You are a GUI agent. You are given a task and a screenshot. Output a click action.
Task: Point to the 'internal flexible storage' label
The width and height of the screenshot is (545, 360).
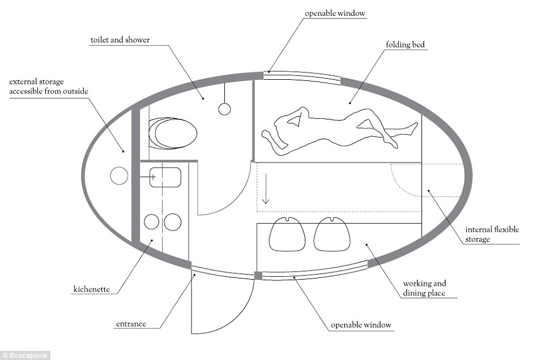[x=492, y=234]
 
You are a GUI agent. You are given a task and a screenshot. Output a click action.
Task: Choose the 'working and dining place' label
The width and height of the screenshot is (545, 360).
[x=425, y=288]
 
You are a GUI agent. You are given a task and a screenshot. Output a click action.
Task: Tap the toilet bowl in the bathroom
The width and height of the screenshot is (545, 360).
[x=173, y=134]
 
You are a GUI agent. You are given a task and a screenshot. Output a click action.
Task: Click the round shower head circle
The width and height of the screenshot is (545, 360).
[x=224, y=109]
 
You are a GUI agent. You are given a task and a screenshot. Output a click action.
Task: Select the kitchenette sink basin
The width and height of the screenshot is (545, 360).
[x=164, y=177]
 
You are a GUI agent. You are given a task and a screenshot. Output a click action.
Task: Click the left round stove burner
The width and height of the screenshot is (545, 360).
[x=152, y=222]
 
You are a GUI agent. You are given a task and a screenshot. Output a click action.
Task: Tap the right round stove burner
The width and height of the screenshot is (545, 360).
[x=172, y=222]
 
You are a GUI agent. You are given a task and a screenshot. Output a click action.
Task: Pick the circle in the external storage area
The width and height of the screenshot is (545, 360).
[x=119, y=177]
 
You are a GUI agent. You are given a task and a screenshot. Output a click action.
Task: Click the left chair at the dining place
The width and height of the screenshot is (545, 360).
[x=288, y=234]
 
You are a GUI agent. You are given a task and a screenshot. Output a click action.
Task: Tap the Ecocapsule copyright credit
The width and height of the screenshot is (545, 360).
[x=25, y=355]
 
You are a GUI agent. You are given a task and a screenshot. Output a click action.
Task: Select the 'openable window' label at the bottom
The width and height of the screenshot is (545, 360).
[x=361, y=325]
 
